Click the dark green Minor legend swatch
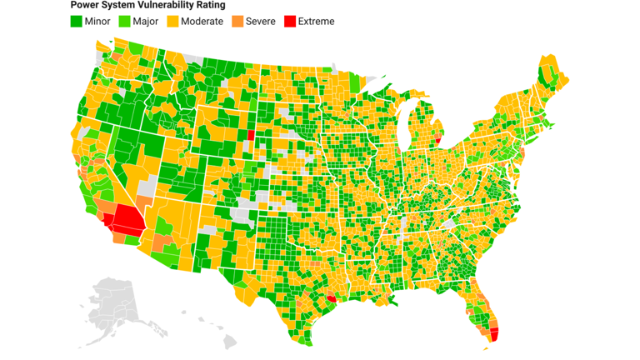click(x=76, y=21)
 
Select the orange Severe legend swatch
click(x=237, y=21)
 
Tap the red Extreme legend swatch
click(x=290, y=21)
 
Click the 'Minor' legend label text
click(x=97, y=21)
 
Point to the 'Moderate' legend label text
click(x=202, y=21)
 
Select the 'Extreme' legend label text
click(x=316, y=21)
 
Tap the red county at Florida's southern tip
click(x=493, y=334)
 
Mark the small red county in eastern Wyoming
click(x=251, y=135)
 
